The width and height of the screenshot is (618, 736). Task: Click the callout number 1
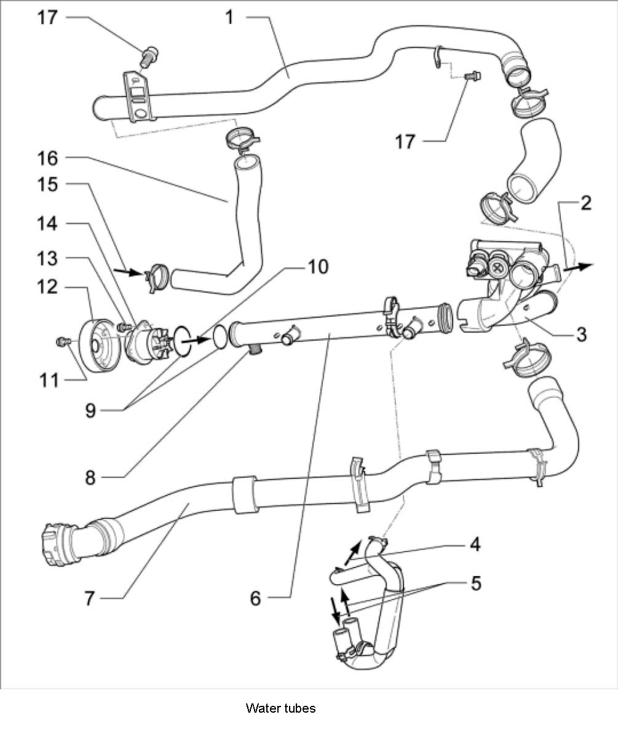[229, 17]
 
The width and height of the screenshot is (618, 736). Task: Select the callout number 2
[585, 204]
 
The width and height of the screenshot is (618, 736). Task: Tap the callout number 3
[581, 335]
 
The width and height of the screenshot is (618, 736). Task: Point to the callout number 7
[90, 598]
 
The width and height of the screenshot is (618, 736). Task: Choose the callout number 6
[256, 597]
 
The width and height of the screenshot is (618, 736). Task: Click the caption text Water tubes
[280, 708]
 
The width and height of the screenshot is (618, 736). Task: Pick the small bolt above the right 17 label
[472, 76]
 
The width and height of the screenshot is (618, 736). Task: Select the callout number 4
[476, 544]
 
